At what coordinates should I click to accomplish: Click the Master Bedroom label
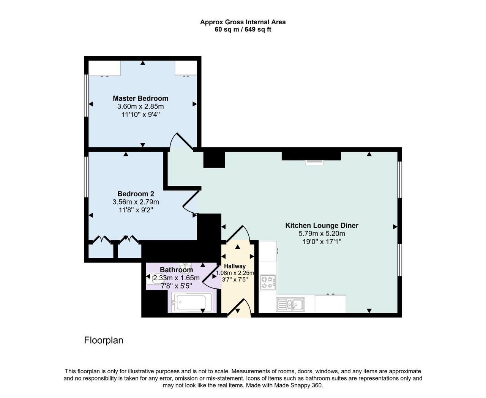point(140,98)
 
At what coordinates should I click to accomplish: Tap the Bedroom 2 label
point(136,194)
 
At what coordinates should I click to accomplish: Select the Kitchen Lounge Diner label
point(322,225)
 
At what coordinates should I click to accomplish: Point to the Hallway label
point(235,266)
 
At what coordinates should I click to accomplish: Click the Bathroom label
point(176,270)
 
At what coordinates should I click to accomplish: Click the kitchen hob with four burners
point(268,282)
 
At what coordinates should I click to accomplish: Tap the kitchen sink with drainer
point(290,305)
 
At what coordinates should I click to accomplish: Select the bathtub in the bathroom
point(192,302)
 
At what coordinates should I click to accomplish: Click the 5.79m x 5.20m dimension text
point(322,234)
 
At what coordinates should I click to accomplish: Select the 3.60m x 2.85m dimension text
point(140,106)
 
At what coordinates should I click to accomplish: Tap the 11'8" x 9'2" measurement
point(136,210)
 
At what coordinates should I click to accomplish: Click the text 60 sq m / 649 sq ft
point(243,30)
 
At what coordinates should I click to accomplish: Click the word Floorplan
point(104,340)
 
